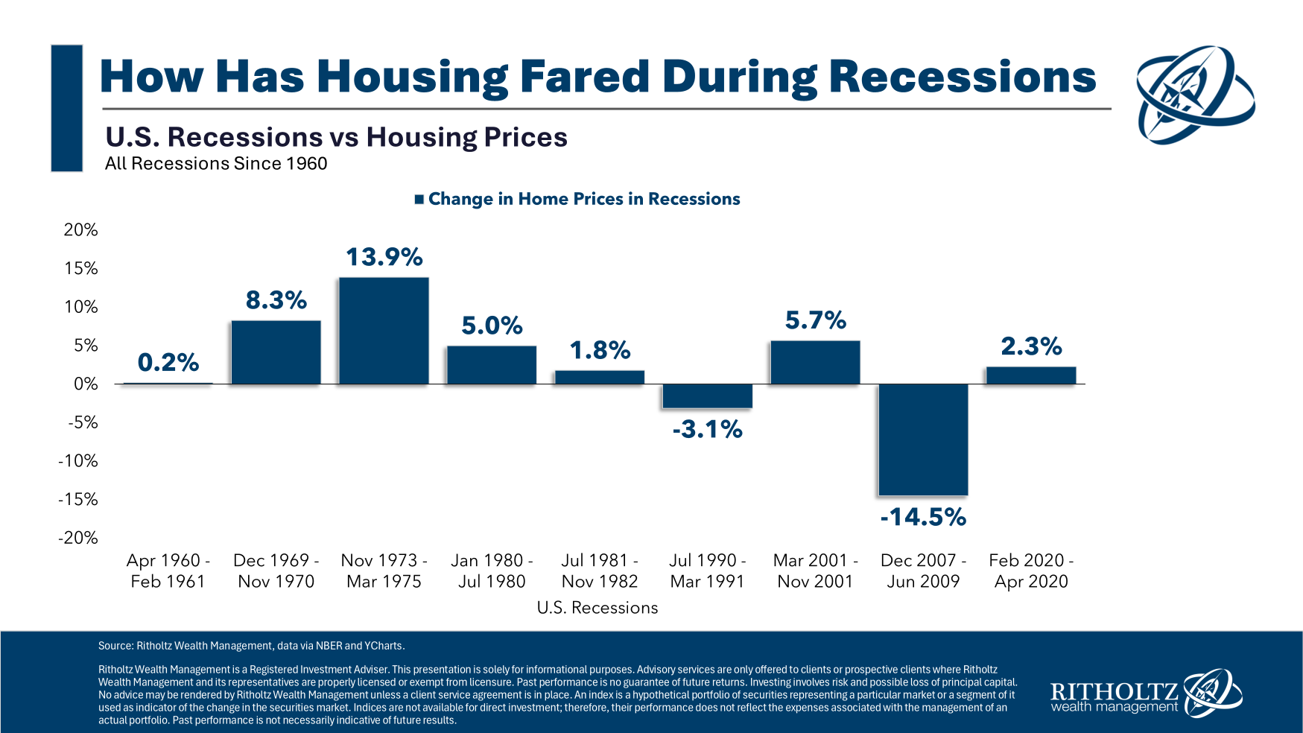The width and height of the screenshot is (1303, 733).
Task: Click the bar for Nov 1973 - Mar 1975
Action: click(384, 331)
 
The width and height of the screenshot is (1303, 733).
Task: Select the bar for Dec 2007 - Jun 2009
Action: click(923, 440)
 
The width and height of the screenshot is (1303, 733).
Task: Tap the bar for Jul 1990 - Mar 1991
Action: click(707, 396)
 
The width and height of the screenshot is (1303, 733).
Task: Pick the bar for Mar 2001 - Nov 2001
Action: click(815, 363)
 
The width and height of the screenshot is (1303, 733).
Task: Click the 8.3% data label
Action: click(276, 300)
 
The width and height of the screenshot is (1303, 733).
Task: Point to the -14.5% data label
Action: click(923, 516)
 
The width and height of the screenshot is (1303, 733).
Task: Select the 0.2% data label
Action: click(168, 363)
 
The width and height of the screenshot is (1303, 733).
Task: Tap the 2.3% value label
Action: click(1031, 346)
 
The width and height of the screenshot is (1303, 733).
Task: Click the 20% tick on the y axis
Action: click(80, 229)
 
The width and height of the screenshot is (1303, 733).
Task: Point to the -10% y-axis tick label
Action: click(78, 460)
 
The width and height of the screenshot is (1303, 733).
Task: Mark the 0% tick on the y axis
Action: click(86, 384)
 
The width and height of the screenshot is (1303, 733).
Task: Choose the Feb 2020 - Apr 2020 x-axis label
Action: click(1031, 571)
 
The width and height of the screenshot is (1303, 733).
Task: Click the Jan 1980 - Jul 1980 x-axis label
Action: click(492, 571)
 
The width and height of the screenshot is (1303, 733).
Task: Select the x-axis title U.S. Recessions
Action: click(597, 608)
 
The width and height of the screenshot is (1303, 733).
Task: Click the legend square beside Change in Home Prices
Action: click(419, 199)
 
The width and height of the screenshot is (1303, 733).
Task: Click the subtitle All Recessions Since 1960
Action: click(216, 164)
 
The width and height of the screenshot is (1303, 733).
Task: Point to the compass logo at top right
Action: click(1194, 94)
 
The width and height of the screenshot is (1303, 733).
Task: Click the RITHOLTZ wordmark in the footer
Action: click(1114, 691)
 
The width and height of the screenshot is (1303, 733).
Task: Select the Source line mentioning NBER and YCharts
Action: click(252, 646)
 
